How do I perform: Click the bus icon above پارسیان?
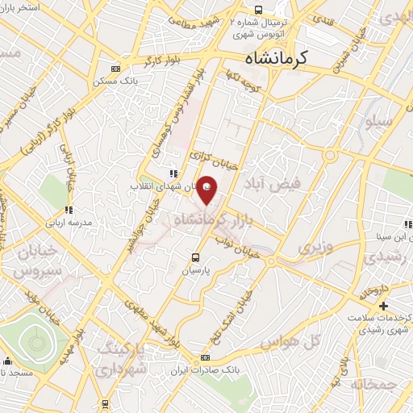click(x=195, y=257)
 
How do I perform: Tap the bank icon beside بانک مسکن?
click(x=115, y=69)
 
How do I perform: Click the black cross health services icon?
click(x=384, y=306)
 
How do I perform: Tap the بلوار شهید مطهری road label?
click(x=153, y=316)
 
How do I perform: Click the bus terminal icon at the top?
click(x=257, y=10)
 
